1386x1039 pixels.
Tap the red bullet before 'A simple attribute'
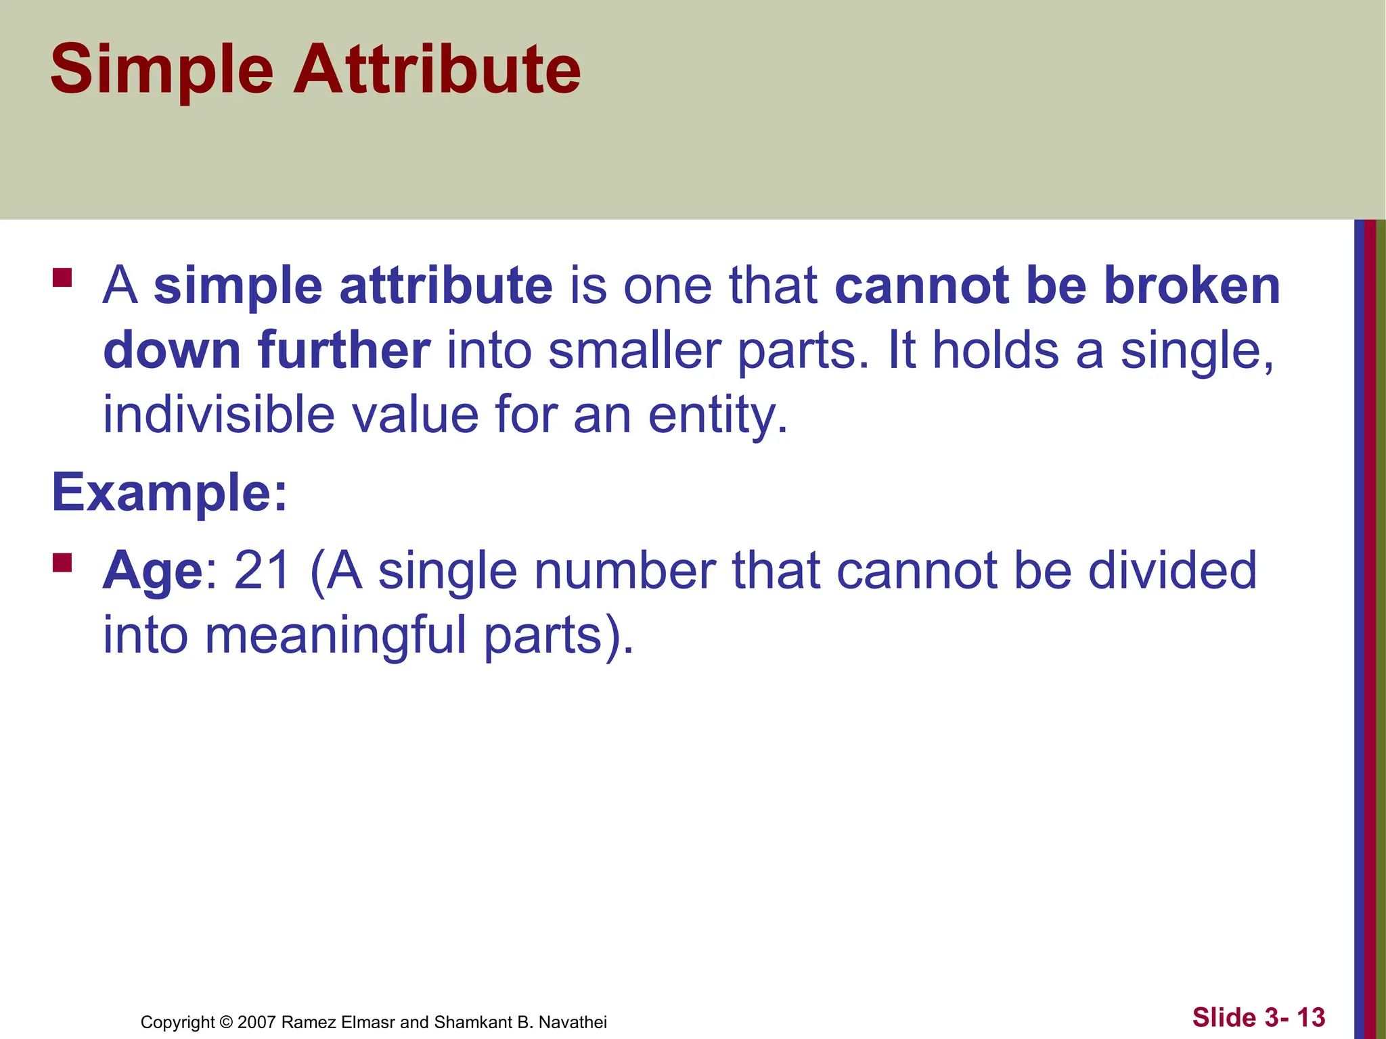pos(62,278)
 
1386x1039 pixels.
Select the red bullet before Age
pos(62,563)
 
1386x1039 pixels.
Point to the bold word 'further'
pos(344,350)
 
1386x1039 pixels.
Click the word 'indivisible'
pos(218,415)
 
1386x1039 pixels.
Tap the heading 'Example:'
pos(170,492)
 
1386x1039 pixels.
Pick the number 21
pos(262,570)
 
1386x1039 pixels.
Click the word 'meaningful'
pos(335,636)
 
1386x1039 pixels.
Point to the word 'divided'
pos(1171,570)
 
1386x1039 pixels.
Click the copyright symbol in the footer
pos(226,1022)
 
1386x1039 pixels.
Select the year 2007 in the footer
pos(256,1022)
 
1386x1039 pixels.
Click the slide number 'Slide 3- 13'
pos(1258,1017)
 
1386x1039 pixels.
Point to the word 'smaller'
pos(634,350)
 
